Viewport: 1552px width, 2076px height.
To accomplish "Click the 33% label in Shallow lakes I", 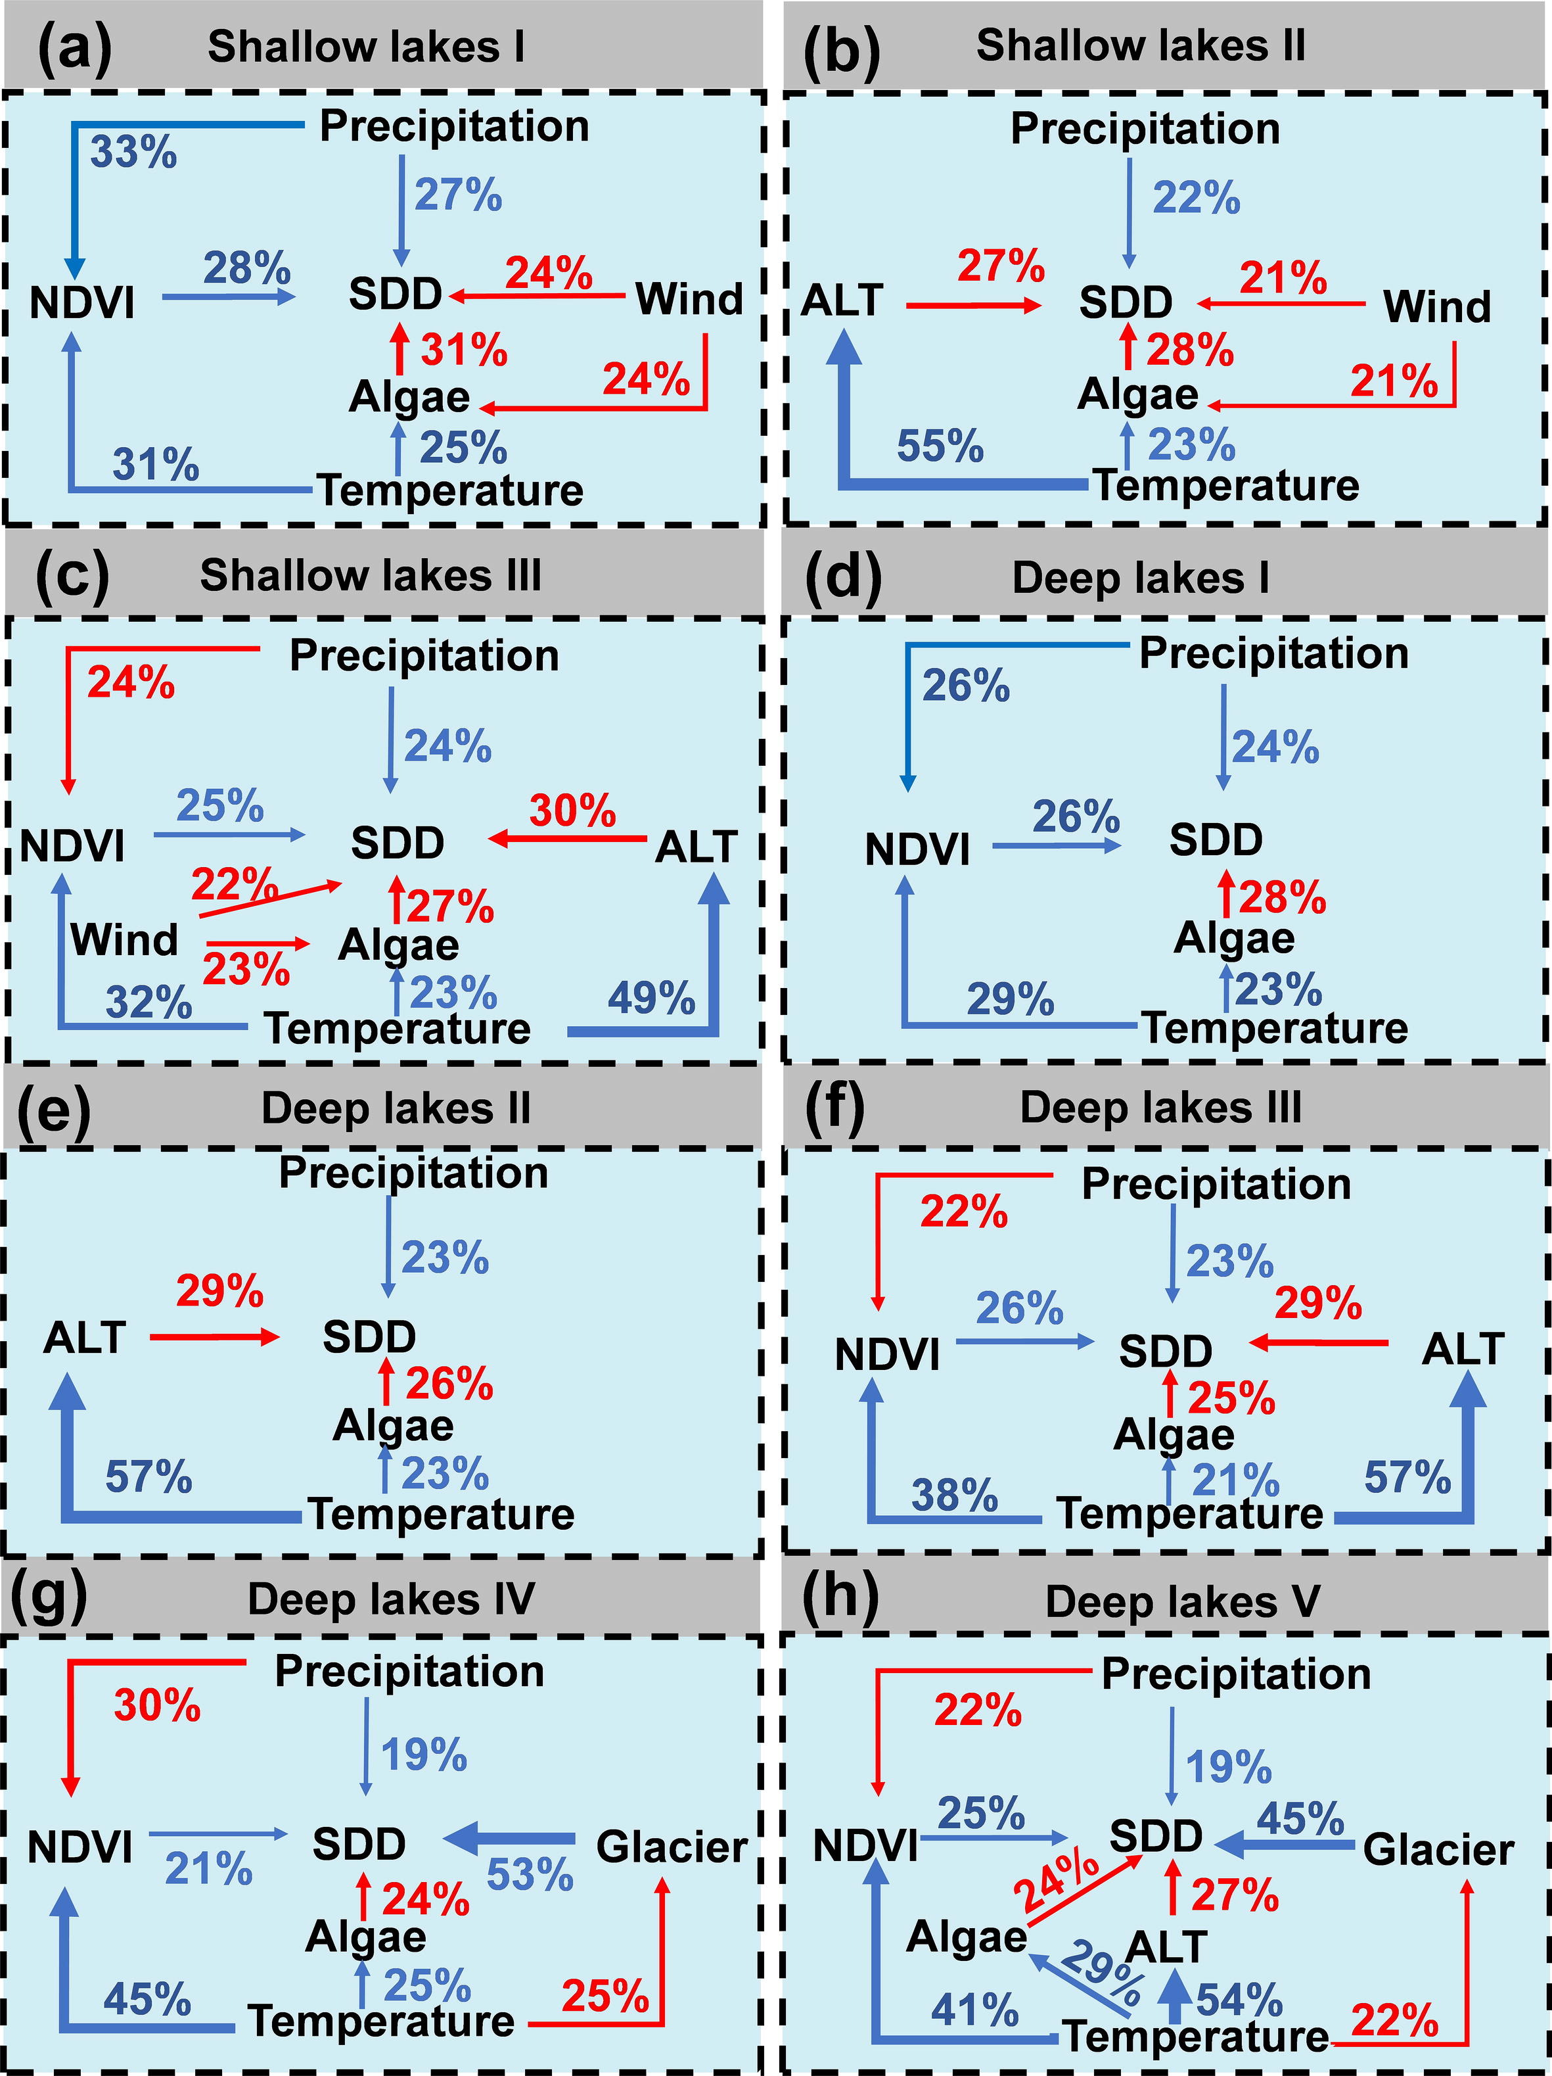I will [133, 151].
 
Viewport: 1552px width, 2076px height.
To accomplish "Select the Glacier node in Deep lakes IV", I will [672, 1847].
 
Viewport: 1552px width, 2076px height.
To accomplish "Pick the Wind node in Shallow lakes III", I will [124, 939].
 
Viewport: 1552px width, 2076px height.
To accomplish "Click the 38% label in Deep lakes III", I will [954, 1494].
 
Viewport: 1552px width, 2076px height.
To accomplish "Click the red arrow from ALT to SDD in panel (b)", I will [973, 305].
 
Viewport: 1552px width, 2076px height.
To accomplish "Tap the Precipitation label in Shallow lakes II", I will [1145, 130].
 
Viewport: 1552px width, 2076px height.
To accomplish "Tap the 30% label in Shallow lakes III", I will [572, 810].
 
